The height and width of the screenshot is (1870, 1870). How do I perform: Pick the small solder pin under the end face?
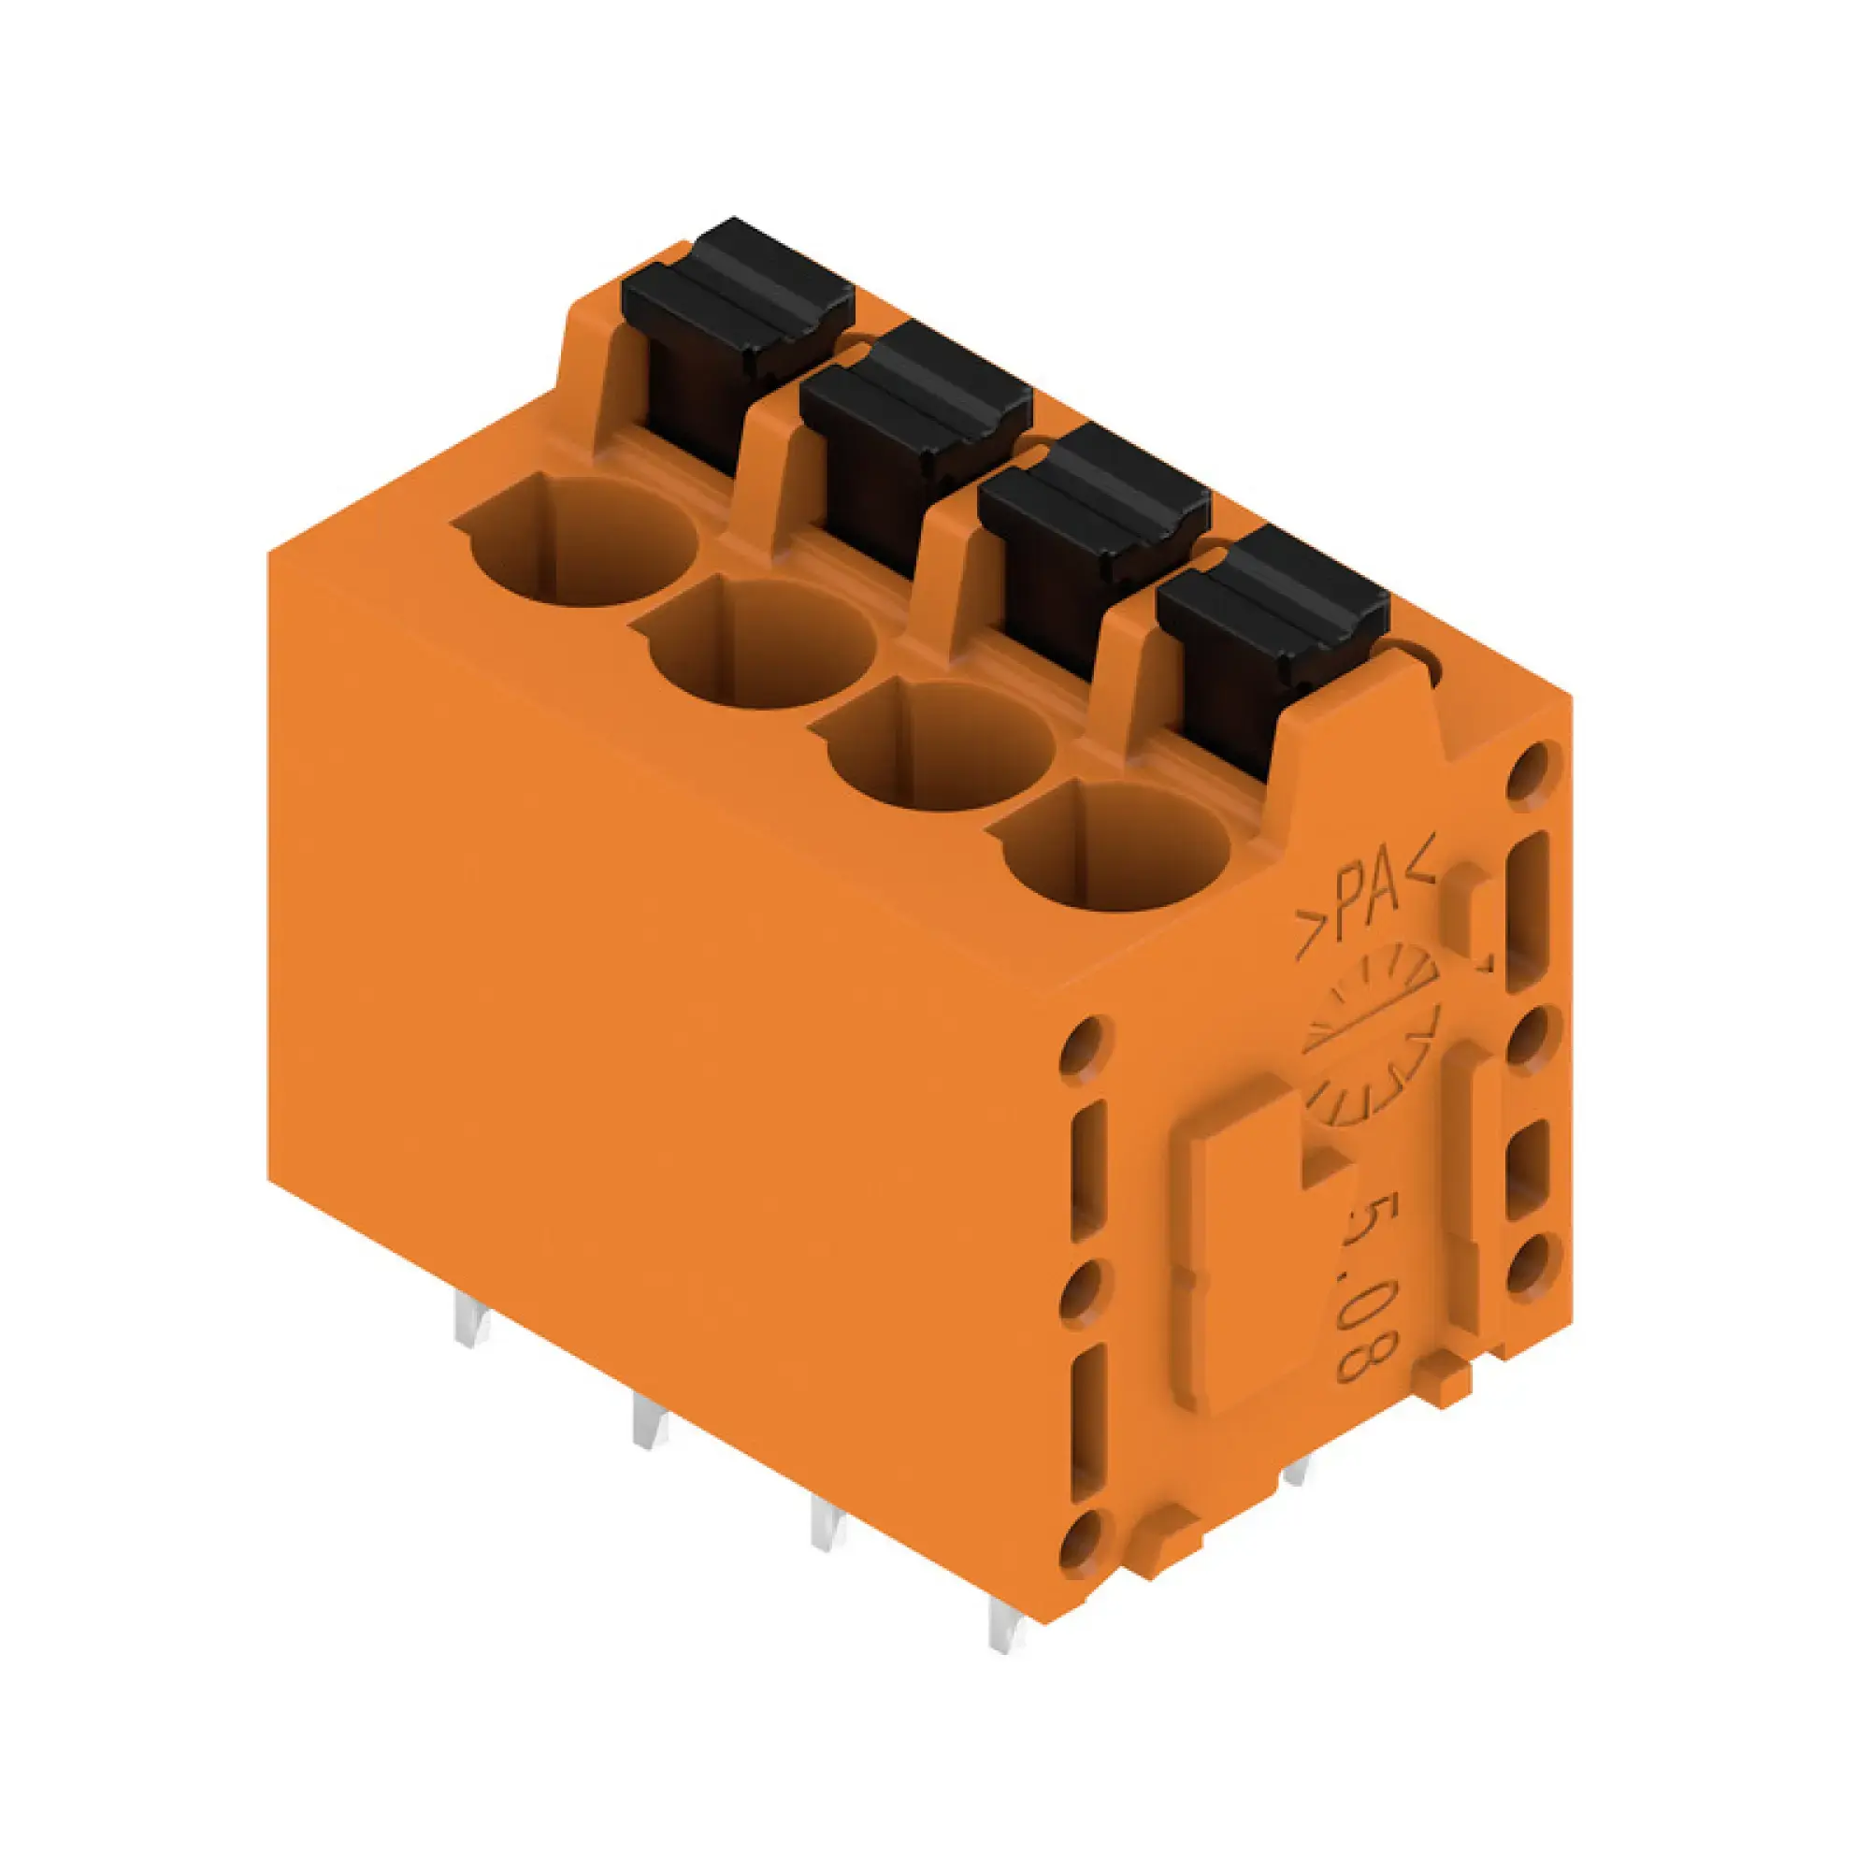click(1297, 1500)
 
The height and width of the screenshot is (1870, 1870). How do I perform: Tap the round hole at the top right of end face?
click(1533, 770)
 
